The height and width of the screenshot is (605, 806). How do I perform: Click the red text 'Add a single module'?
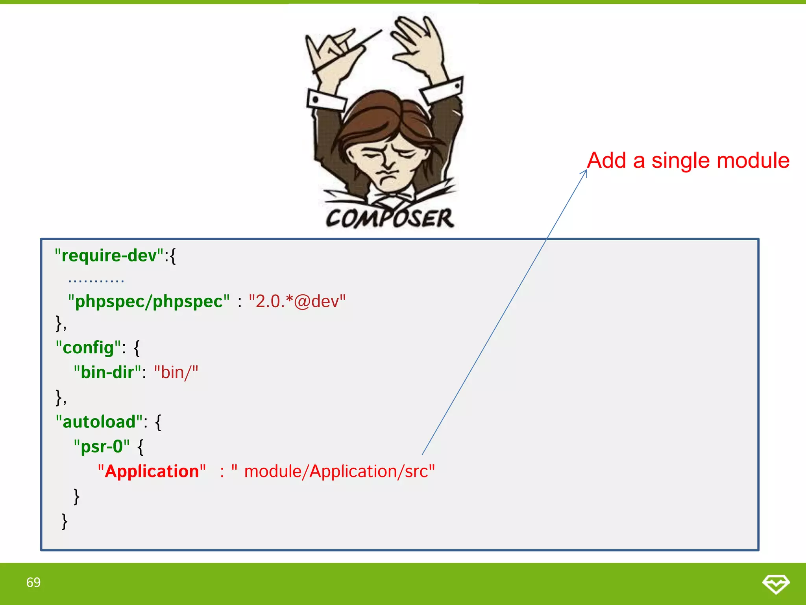(x=688, y=161)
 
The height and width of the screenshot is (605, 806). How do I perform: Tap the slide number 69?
(x=33, y=582)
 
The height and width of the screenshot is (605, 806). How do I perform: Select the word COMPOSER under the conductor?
(x=390, y=218)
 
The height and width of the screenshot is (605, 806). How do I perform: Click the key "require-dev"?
(x=109, y=256)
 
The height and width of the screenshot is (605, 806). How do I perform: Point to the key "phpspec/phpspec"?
(x=149, y=301)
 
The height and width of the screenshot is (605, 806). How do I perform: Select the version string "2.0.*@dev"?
(x=297, y=301)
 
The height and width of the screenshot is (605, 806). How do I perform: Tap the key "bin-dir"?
(x=107, y=372)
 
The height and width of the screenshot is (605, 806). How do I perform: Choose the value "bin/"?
(x=176, y=372)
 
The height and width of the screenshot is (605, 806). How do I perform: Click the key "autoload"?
(x=99, y=422)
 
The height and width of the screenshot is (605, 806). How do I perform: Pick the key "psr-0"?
(x=102, y=447)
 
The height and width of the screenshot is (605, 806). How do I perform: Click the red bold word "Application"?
(x=152, y=471)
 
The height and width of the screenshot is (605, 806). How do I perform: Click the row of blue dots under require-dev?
(x=96, y=281)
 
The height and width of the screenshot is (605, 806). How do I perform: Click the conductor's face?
(x=388, y=161)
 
